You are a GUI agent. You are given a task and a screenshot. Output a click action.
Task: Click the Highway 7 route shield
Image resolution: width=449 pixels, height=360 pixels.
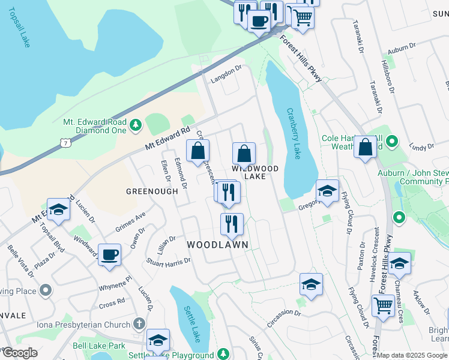point(64,142)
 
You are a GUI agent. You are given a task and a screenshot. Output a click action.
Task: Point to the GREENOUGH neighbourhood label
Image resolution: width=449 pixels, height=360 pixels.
point(152,191)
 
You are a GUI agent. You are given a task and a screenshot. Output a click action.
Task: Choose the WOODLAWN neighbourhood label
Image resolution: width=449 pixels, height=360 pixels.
point(217,245)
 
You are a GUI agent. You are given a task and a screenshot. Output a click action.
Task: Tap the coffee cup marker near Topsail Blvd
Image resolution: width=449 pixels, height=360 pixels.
point(109,254)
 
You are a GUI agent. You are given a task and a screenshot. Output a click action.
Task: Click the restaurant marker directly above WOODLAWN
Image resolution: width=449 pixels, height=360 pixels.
point(232,224)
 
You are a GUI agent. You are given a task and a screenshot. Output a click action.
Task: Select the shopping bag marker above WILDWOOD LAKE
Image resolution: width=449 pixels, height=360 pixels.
point(244,154)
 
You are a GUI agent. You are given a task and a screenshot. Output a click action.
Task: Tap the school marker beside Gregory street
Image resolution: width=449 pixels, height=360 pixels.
point(327,191)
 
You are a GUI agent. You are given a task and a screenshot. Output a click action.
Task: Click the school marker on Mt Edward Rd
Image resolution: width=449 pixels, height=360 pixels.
point(58,209)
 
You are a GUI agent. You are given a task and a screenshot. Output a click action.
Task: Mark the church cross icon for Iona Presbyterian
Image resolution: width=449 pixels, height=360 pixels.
point(139,325)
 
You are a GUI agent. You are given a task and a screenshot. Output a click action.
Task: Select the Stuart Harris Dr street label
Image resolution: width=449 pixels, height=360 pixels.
point(169,261)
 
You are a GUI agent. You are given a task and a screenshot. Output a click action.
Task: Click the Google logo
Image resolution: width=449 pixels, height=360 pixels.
point(19,353)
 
